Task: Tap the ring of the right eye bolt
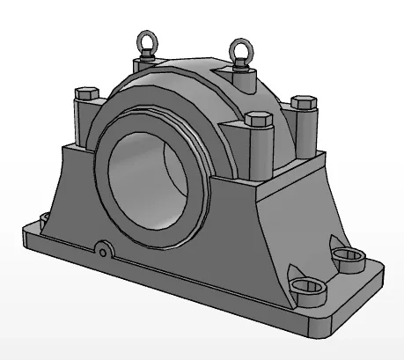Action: click(x=239, y=48)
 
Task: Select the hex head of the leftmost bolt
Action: click(x=86, y=94)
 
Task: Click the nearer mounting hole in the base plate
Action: click(x=307, y=285)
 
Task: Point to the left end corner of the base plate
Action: click(x=25, y=235)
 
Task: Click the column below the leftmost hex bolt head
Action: click(x=84, y=122)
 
